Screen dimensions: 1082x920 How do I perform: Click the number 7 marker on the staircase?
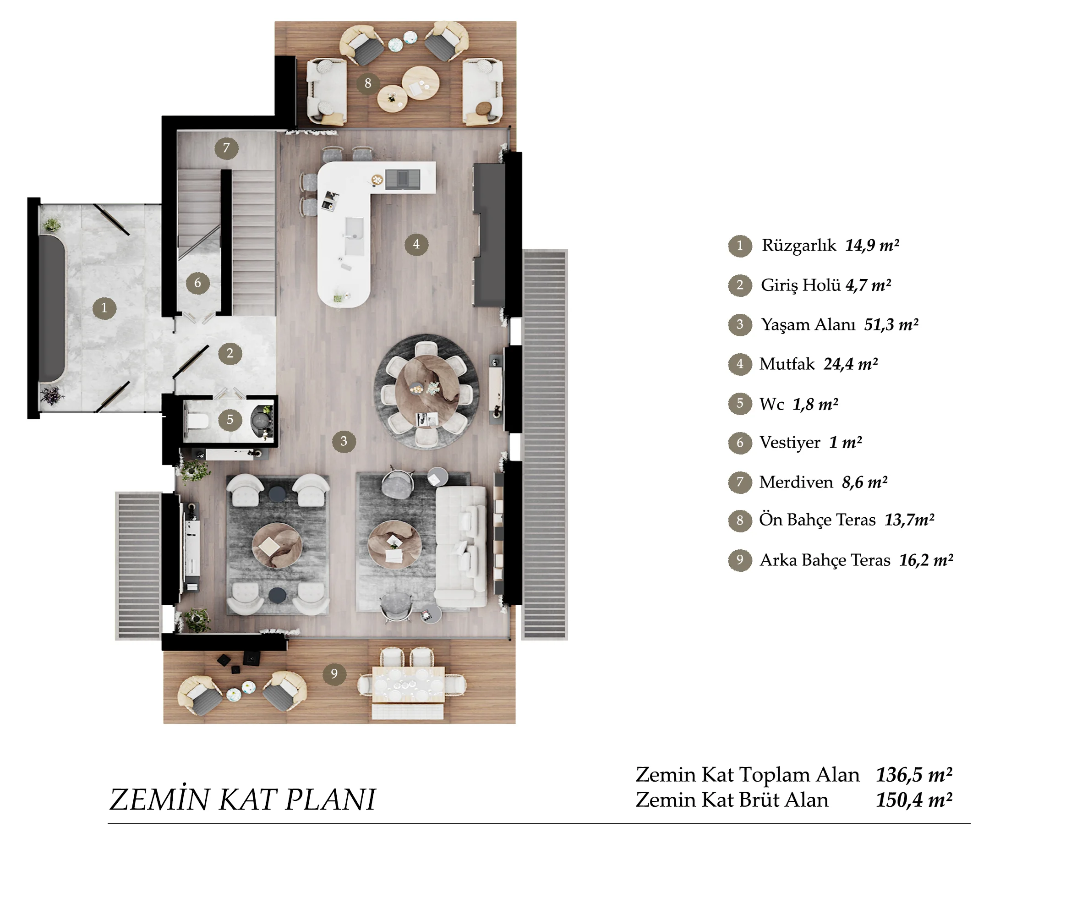point(226,148)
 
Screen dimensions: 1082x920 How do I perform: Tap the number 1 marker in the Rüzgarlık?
point(104,308)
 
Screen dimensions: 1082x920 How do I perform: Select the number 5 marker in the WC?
point(230,420)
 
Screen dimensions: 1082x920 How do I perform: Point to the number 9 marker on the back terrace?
point(334,674)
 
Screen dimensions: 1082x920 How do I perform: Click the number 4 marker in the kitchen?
point(416,244)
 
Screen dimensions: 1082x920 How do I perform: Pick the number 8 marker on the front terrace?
point(368,83)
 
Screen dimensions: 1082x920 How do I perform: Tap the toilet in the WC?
point(197,420)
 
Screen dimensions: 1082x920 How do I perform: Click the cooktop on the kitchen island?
point(403,180)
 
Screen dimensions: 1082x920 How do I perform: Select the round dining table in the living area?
point(426,390)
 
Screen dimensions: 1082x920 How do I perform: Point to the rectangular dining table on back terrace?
point(408,684)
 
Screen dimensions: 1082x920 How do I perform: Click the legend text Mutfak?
point(787,364)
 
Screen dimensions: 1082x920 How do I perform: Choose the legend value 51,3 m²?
point(891,324)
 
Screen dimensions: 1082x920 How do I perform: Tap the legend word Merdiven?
point(796,482)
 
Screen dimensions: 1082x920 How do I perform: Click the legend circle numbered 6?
point(740,443)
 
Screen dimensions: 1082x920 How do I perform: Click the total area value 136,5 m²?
point(914,774)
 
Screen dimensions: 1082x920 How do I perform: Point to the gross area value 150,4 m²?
point(914,800)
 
